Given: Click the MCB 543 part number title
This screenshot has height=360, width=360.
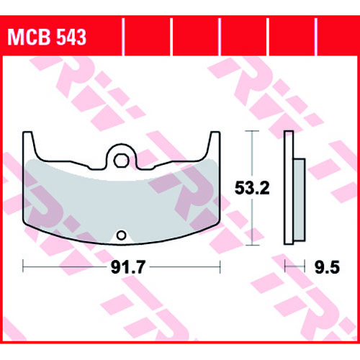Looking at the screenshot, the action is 47,37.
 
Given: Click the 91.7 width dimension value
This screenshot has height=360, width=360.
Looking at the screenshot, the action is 128,267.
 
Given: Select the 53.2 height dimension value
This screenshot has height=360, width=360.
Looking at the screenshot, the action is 252,188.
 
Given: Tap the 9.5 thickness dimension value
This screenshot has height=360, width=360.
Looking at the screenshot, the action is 327,267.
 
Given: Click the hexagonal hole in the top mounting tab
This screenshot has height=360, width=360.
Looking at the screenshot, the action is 121,161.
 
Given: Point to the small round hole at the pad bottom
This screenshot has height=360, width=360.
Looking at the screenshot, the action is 121,235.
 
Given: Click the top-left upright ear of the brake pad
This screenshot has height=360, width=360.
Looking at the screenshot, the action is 28,144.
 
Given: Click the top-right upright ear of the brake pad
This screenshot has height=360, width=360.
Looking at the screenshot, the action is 215,144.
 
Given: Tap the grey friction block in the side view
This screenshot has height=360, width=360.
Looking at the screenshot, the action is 300,199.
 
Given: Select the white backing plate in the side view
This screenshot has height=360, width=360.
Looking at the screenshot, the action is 289,188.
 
